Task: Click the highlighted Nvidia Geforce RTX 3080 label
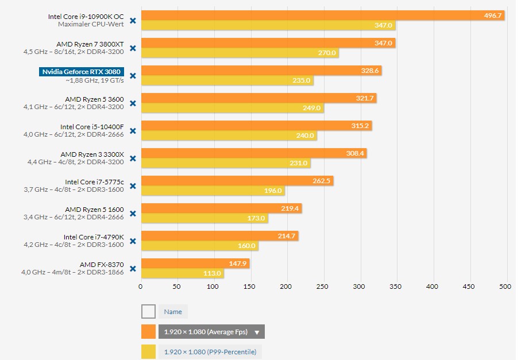click(83, 72)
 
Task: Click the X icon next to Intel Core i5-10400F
click(133, 131)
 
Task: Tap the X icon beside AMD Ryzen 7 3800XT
click(133, 48)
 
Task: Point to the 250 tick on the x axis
click(323, 287)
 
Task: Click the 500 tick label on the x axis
click(505, 287)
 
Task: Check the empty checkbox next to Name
click(148, 312)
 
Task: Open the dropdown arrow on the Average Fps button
click(257, 332)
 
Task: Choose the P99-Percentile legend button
click(210, 351)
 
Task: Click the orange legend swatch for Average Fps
click(148, 332)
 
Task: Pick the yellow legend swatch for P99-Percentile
click(148, 351)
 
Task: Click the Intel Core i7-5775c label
click(94, 182)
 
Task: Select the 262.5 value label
click(322, 181)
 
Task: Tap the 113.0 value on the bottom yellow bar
click(211, 273)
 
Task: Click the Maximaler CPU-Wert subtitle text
click(91, 25)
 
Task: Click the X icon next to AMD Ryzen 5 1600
click(133, 214)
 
